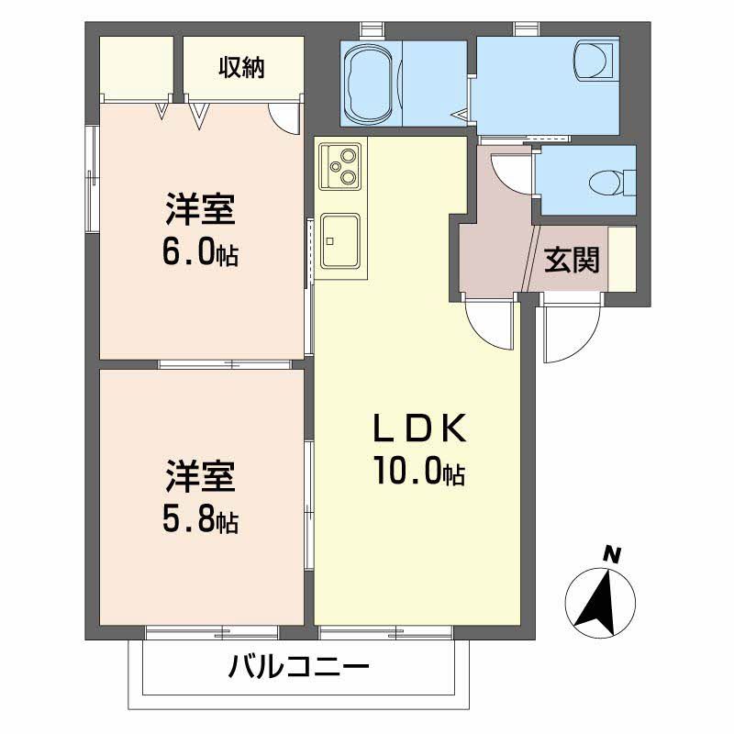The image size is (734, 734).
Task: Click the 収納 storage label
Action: (242, 67)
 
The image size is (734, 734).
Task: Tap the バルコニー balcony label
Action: (299, 665)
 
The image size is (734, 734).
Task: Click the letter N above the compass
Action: (612, 553)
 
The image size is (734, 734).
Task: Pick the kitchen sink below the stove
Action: (340, 240)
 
